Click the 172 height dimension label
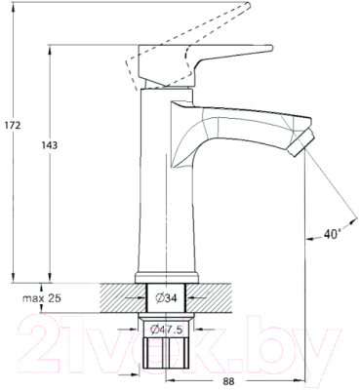point(13,125)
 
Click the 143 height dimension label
point(50,145)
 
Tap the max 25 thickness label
point(42,298)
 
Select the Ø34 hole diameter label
point(167,297)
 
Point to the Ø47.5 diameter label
point(167,330)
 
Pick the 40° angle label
point(332,234)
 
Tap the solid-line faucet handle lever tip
point(270,48)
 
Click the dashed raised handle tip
point(249,6)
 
